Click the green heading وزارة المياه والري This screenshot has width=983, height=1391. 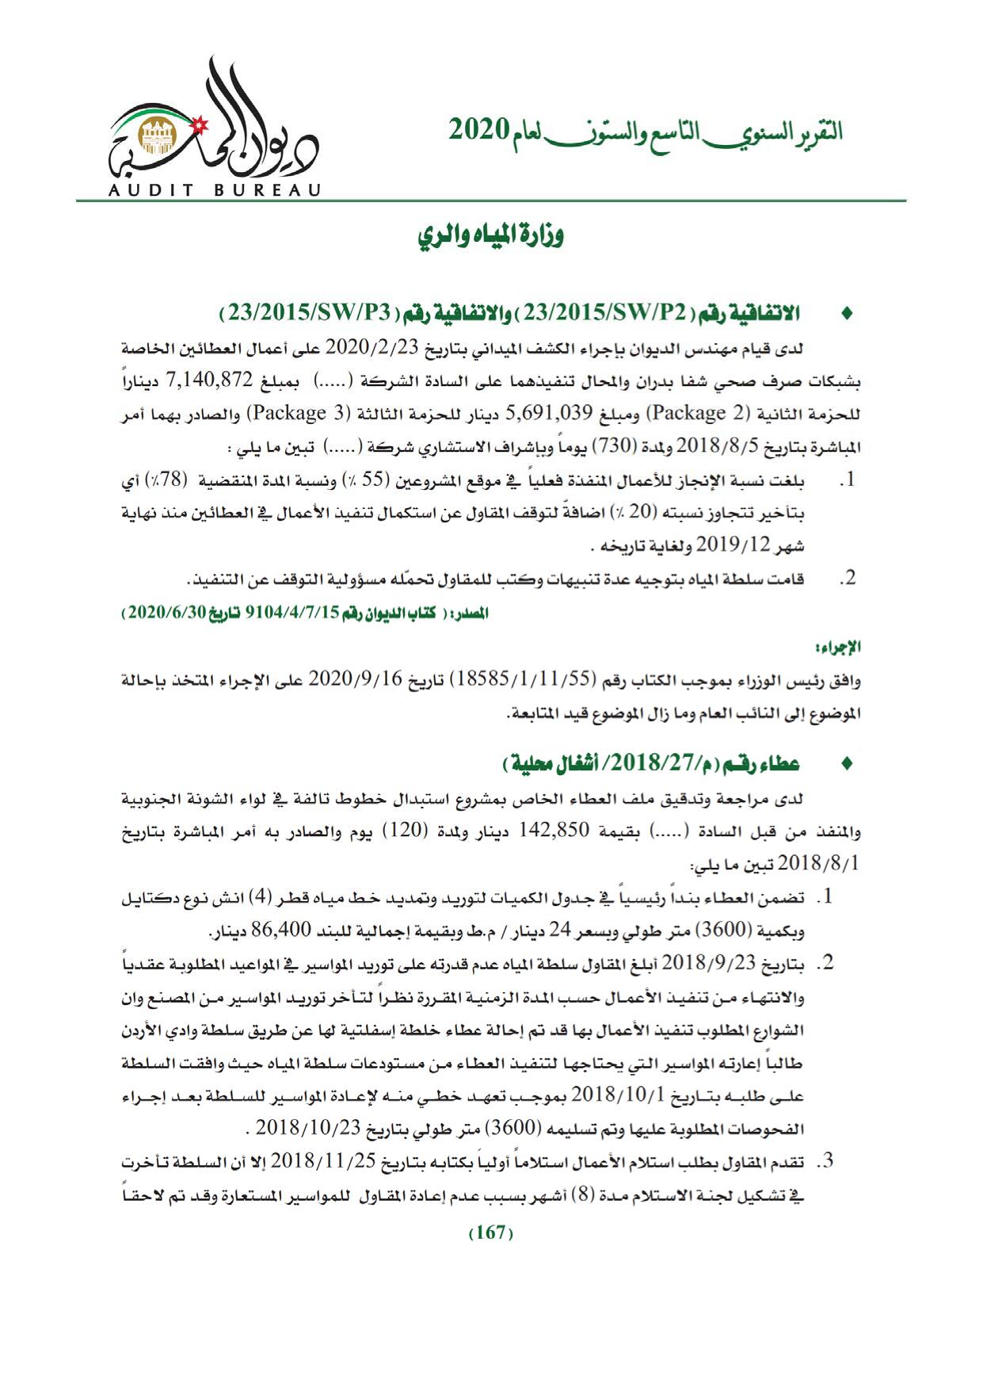pos(491,236)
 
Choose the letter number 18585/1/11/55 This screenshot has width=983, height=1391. pos(528,680)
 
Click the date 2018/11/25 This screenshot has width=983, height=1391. pos(322,1163)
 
